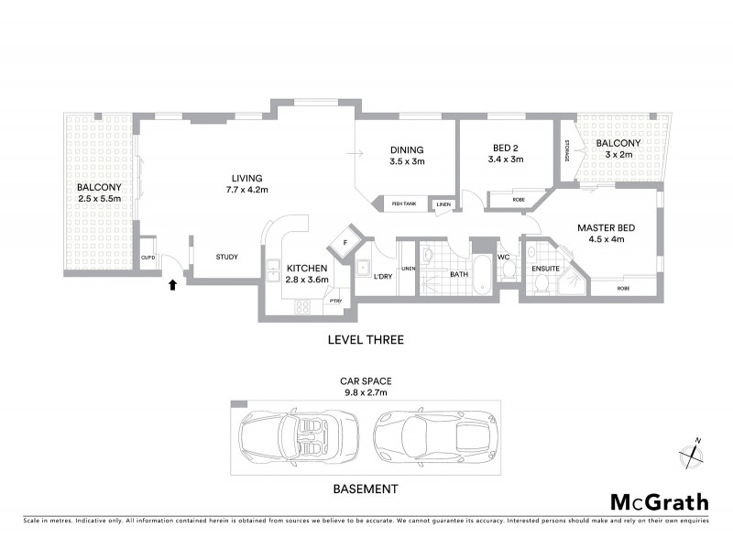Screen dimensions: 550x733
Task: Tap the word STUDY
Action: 226,257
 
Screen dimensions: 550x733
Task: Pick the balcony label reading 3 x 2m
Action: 618,149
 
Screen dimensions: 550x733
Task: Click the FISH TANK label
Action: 405,203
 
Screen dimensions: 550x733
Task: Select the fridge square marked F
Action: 345,242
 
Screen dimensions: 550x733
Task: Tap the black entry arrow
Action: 172,285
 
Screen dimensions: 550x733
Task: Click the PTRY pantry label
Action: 336,300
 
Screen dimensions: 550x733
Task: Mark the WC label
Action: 503,258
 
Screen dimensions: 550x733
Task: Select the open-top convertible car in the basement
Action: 293,436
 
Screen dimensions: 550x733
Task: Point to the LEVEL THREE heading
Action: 366,339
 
